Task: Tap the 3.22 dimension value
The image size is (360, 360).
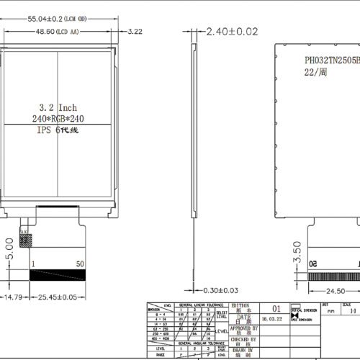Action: pos(135,32)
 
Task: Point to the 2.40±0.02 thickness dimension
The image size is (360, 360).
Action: pos(232,31)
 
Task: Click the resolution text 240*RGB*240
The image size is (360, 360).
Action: pos(59,117)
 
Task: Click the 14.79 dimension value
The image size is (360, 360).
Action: pos(12,296)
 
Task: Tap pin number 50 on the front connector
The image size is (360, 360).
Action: pos(80,265)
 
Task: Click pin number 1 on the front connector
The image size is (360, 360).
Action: pos(33,265)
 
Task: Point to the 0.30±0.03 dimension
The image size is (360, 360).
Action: pos(219,290)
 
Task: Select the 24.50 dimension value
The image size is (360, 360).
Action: pos(334,291)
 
